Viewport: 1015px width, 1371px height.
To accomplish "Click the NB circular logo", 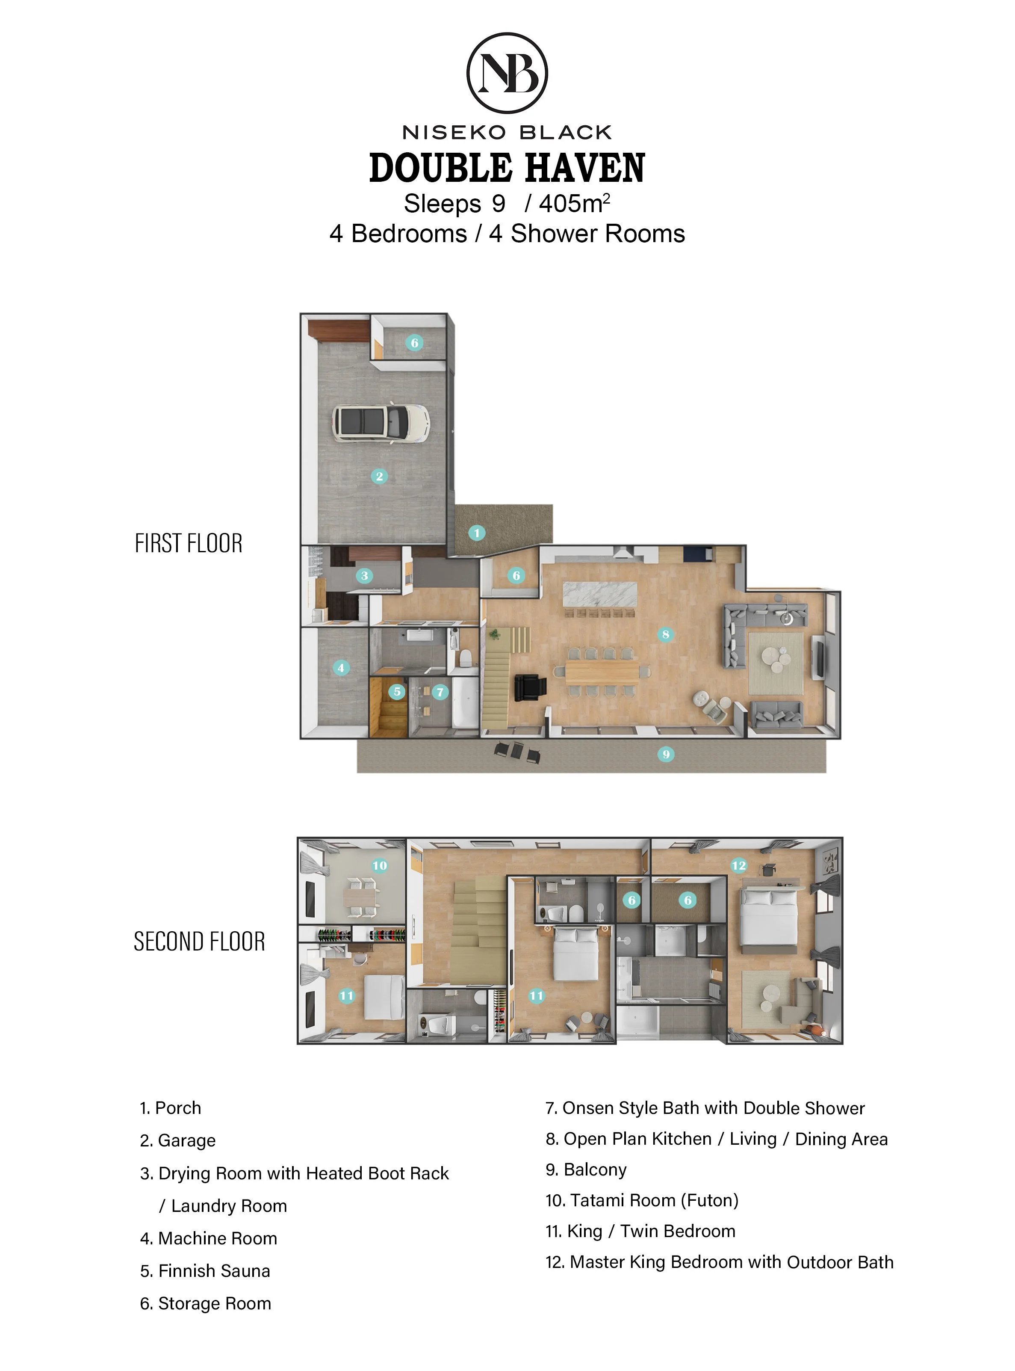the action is pos(507,73).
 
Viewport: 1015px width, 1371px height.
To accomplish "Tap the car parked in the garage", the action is pos(381,422).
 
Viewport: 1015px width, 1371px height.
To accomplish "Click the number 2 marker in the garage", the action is pos(379,476).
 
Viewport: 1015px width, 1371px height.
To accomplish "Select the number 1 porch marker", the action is pos(477,533).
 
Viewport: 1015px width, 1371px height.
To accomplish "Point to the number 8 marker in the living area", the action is pos(665,634).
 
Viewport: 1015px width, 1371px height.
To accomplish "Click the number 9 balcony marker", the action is pos(666,754).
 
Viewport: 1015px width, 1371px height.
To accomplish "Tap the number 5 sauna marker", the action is pos(397,692).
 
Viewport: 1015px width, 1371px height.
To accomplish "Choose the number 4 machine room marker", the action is pos(341,668).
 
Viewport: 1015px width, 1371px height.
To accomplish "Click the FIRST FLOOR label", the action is pos(189,544).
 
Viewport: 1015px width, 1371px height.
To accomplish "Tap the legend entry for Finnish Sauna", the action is pos(205,1271).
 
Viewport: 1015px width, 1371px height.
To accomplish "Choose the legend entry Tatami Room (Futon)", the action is pos(642,1200).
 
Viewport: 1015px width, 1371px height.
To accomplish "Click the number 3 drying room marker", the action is pos(364,575).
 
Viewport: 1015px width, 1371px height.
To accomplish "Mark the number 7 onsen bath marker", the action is pos(440,692).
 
